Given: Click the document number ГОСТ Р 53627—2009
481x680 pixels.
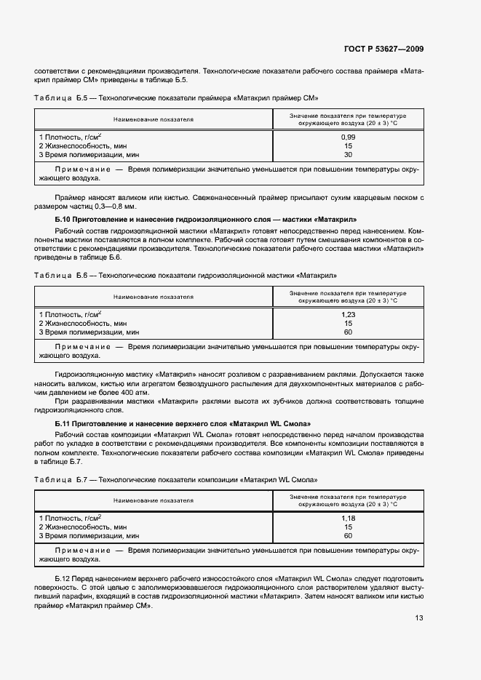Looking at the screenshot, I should [x=384, y=49].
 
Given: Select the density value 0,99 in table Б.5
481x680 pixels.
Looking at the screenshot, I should [x=348, y=137].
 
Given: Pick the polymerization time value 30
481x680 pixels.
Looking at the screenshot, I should [x=348, y=155].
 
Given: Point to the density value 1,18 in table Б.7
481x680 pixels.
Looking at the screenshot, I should [x=348, y=518].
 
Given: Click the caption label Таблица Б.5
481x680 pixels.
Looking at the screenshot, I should [x=61, y=97].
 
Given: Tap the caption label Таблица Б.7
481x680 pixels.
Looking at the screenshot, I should [x=61, y=480].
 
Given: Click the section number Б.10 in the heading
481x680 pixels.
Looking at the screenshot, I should [x=63, y=219].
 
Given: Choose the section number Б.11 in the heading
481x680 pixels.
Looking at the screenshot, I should [x=63, y=423].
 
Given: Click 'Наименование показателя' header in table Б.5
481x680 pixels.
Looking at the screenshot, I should [x=153, y=119].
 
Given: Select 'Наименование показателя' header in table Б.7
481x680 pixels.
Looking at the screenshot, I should [x=153, y=500].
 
